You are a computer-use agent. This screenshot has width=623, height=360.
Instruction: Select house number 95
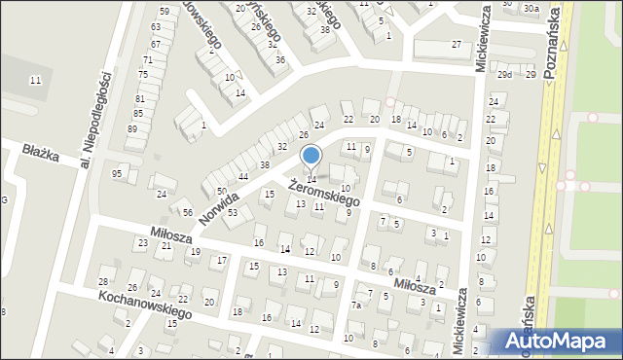click(x=117, y=173)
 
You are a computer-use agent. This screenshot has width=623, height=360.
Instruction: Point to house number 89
click(x=132, y=128)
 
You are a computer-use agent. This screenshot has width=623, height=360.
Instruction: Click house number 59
click(x=164, y=11)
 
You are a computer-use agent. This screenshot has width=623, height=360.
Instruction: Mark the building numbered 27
click(x=456, y=46)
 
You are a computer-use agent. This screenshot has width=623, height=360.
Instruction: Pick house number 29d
click(x=504, y=74)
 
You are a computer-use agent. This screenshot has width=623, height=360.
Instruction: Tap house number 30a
click(x=530, y=8)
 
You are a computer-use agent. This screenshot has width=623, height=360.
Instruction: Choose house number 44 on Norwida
click(x=243, y=176)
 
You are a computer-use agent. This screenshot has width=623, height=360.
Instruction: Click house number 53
click(x=233, y=211)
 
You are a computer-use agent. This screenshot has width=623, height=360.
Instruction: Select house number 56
click(x=188, y=212)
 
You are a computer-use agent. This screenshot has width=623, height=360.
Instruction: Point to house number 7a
click(x=356, y=306)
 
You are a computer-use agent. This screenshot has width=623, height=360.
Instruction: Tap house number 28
click(x=103, y=281)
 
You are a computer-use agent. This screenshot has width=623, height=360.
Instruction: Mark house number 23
click(x=142, y=243)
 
